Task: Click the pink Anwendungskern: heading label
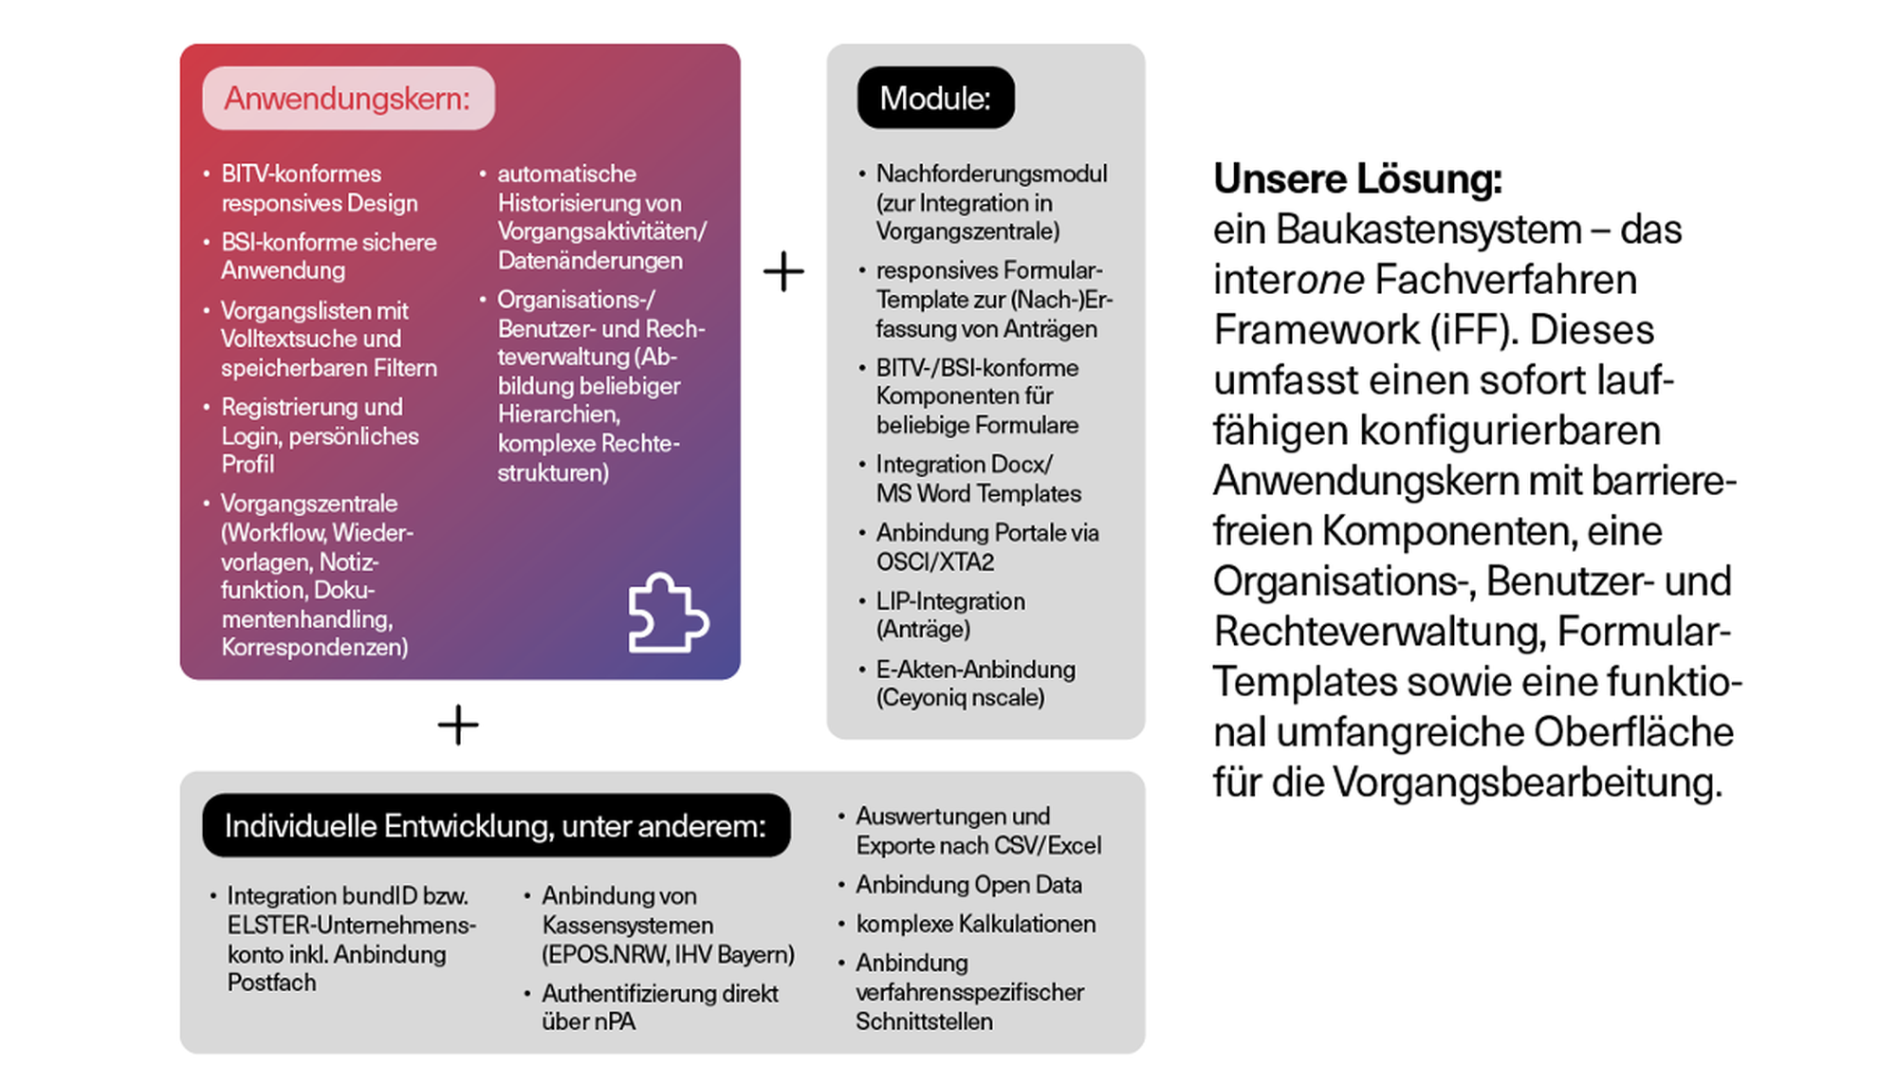(347, 99)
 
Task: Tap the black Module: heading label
(935, 99)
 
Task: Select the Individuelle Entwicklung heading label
(495, 826)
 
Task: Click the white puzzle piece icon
(668, 614)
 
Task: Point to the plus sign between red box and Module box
(783, 272)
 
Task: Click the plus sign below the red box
(458, 726)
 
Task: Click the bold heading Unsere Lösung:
(1357, 178)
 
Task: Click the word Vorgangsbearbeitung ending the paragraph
(1527, 782)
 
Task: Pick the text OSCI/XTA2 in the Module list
(935, 562)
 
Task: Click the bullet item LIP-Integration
(950, 601)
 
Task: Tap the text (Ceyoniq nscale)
(960, 698)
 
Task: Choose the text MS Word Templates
(978, 494)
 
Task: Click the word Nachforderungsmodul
(991, 175)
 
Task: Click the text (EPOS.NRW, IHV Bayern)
(668, 954)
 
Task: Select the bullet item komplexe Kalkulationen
(975, 924)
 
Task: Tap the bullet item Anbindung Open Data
(968, 885)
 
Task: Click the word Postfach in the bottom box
(272, 983)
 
